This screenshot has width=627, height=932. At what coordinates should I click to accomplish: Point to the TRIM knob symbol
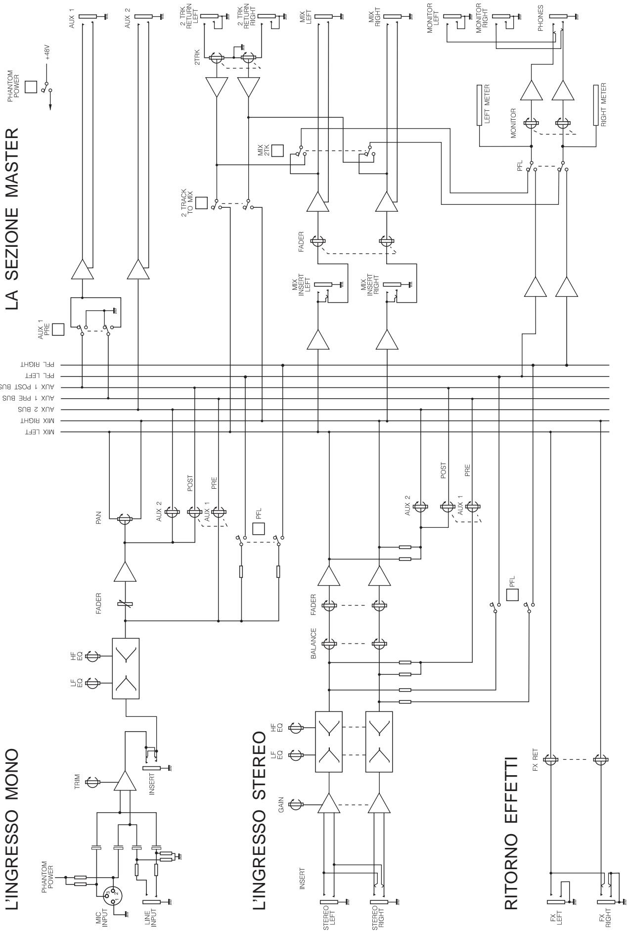pyautogui.click(x=92, y=782)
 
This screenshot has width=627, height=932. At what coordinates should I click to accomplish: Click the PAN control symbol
pyautogui.click(x=125, y=519)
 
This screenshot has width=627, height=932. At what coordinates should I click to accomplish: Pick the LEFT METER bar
pyautogui.click(x=479, y=105)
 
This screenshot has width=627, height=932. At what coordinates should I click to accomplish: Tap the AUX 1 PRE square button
pyautogui.click(x=59, y=329)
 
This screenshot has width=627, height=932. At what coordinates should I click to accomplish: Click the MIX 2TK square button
pyautogui.click(x=277, y=150)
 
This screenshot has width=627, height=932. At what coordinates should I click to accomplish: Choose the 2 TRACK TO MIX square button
pyautogui.click(x=201, y=203)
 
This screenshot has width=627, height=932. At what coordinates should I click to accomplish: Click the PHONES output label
pyautogui.click(x=540, y=18)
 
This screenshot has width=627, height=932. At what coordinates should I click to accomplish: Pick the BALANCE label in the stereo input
pyautogui.click(x=313, y=644)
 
